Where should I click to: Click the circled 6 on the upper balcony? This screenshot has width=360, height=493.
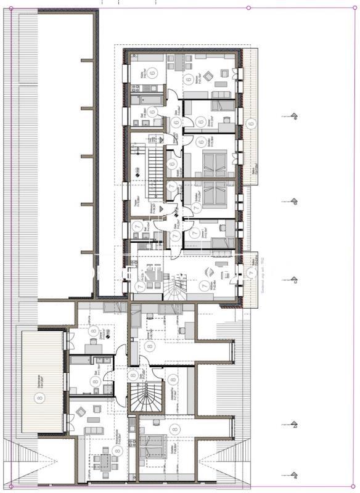pyautogui.click(x=250, y=123)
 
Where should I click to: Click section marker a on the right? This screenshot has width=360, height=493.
pyautogui.click(x=295, y=476)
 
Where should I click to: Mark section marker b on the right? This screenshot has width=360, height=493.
pyautogui.click(x=295, y=425)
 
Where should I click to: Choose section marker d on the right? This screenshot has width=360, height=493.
pyautogui.click(x=295, y=201)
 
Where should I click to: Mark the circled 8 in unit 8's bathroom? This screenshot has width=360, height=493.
pyautogui.click(x=95, y=382)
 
